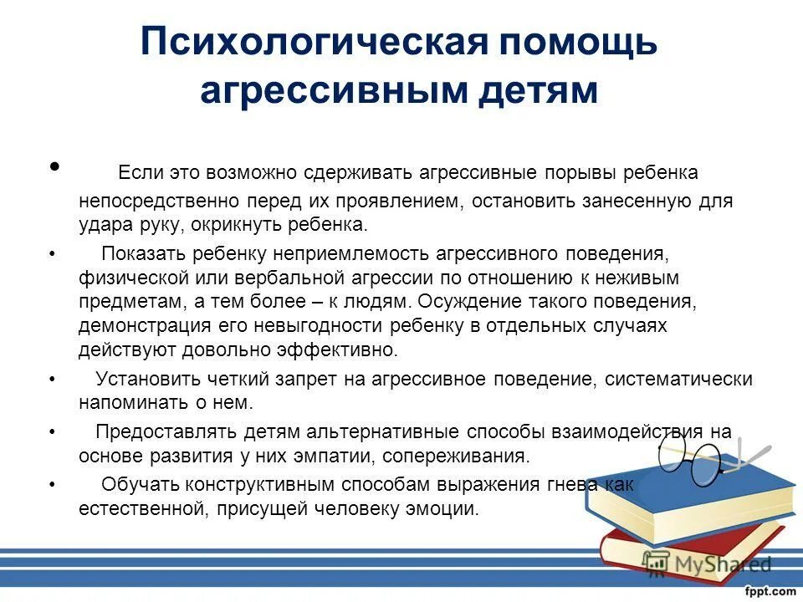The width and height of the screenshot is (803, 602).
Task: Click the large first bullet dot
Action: (x=56, y=166)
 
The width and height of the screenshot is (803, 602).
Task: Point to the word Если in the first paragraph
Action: (x=136, y=173)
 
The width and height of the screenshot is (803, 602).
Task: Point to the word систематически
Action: (x=678, y=379)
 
